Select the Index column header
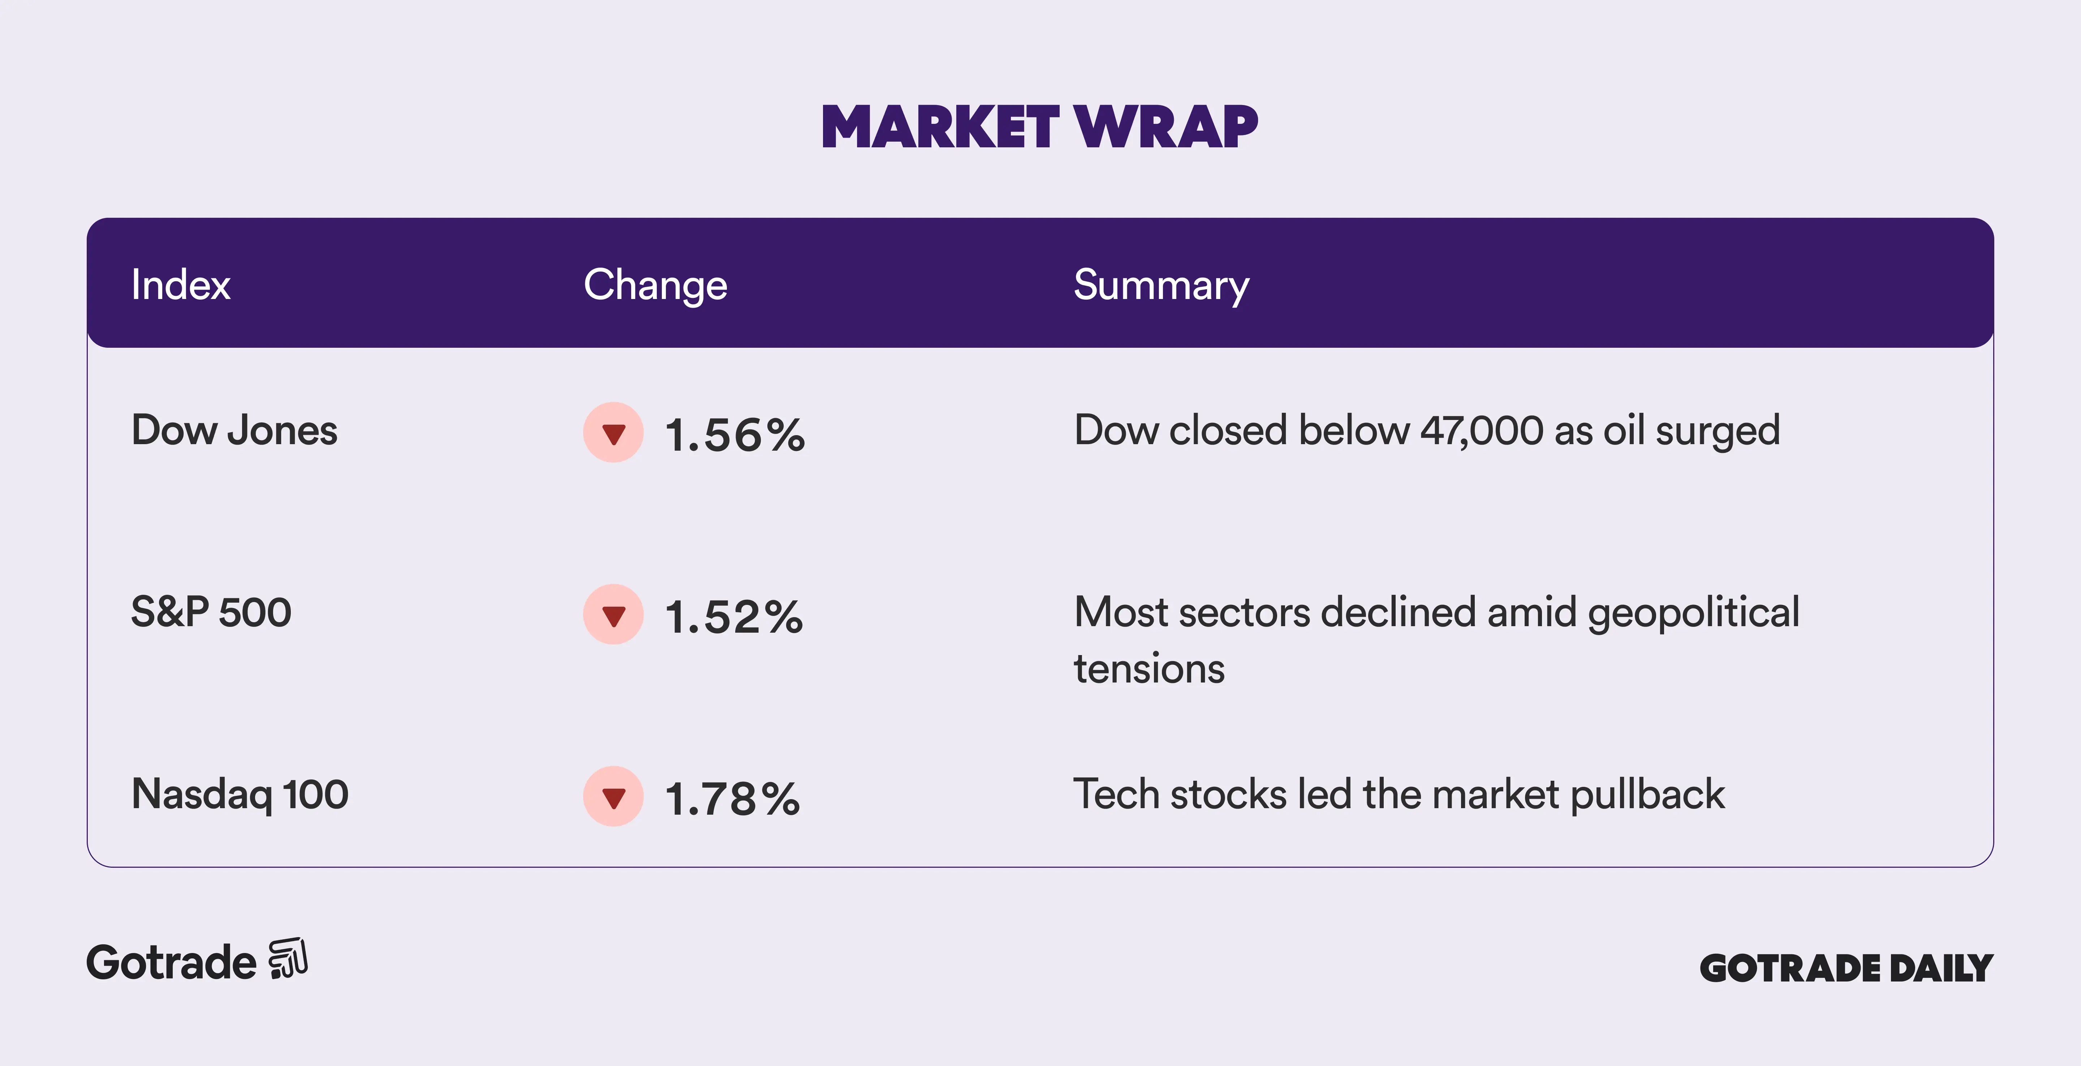[x=181, y=285]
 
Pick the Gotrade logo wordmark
[x=171, y=963]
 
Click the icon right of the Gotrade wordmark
[x=288, y=959]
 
